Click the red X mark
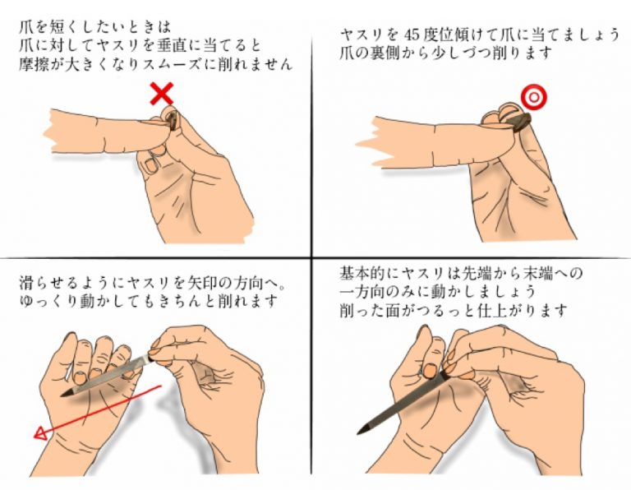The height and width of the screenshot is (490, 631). (162, 94)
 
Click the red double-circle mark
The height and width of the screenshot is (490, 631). (534, 97)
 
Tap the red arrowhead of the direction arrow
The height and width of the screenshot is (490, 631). (40, 434)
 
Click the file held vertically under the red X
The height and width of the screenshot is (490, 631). (172, 120)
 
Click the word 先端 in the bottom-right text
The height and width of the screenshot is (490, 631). (481, 274)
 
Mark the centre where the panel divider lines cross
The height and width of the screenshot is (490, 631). (312, 257)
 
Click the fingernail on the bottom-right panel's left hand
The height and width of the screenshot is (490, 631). (431, 370)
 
